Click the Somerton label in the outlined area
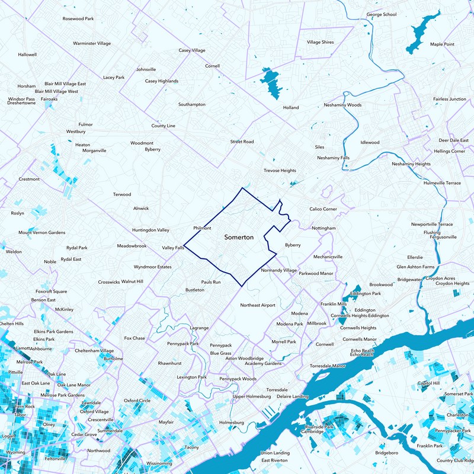pyautogui.click(x=239, y=237)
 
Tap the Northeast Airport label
pyautogui.click(x=258, y=305)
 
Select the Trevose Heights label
pyautogui.click(x=280, y=171)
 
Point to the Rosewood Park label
pyautogui.click(x=78, y=19)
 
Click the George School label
pyautogui.click(x=382, y=14)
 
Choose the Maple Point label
pyautogui.click(x=442, y=44)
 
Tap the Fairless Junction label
pyautogui.click(x=449, y=99)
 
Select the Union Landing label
pyautogui.click(x=275, y=453)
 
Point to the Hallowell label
pyautogui.click(x=27, y=55)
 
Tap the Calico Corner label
pyautogui.click(x=323, y=209)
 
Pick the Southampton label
pyautogui.click(x=192, y=104)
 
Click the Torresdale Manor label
pyautogui.click(x=328, y=366)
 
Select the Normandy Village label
pyautogui.click(x=278, y=270)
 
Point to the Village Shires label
pyautogui.click(x=320, y=43)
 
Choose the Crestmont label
pyautogui.click(x=29, y=179)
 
